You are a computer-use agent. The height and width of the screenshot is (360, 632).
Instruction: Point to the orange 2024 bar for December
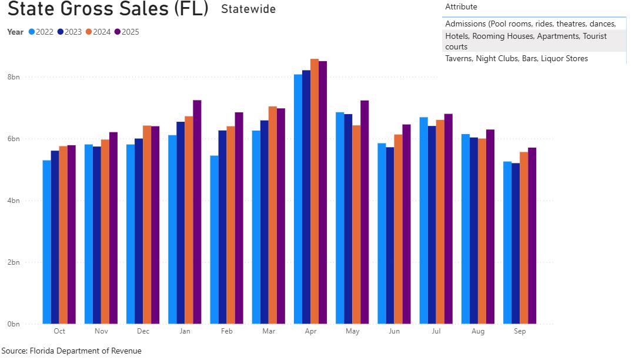(x=147, y=224)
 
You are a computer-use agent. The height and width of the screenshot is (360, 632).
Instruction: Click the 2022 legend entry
(x=41, y=32)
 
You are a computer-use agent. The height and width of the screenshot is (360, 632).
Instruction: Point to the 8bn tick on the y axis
(x=13, y=77)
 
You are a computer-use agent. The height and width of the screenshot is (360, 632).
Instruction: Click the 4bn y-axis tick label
(x=13, y=201)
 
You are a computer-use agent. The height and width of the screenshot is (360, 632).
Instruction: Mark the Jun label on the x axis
(x=394, y=332)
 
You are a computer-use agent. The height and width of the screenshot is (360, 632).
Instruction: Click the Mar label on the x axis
(x=269, y=332)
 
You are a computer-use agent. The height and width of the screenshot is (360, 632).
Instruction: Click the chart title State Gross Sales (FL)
(x=108, y=9)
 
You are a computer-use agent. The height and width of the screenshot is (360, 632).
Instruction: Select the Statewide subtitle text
(x=248, y=9)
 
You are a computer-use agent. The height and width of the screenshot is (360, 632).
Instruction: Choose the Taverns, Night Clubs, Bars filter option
(x=516, y=58)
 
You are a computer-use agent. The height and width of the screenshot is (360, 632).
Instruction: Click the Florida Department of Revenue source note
(x=71, y=351)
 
